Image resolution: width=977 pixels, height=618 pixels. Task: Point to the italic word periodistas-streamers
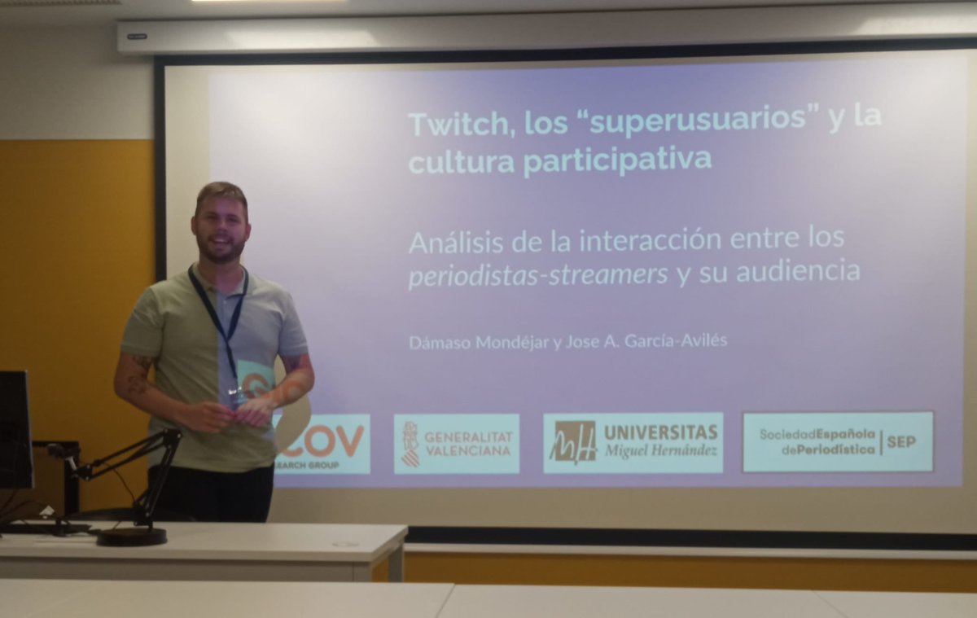click(538, 274)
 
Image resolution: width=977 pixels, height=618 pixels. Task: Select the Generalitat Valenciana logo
click(456, 444)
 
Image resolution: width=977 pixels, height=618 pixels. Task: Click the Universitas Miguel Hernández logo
click(633, 442)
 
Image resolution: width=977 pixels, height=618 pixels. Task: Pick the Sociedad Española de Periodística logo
click(838, 441)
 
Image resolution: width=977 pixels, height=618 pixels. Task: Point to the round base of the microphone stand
click(131, 536)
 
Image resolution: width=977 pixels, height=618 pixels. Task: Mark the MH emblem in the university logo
click(573, 442)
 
